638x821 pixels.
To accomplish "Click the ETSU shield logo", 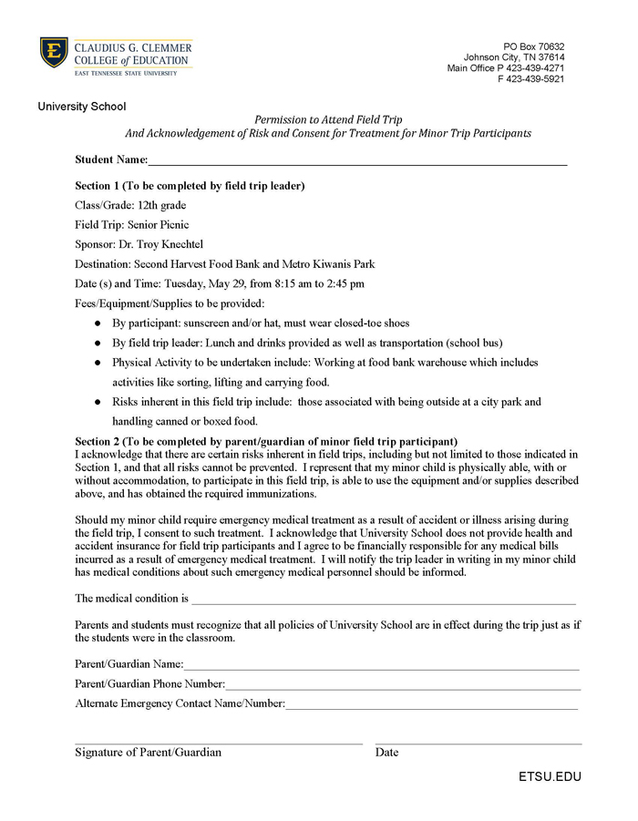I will pos(54,53).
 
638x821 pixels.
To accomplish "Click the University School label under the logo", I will pos(82,107).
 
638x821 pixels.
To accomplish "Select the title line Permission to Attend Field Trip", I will pos(327,119).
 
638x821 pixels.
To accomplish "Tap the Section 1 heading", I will pos(190,186).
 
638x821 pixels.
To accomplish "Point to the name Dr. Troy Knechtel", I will pos(163,245).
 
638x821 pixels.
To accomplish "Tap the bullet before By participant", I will pos(98,323).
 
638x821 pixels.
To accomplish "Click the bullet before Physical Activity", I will pos(98,363).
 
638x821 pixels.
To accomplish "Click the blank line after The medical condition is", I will pos(383,600).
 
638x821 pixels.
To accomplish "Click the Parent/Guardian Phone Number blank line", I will pos(402,684).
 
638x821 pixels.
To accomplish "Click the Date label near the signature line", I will pos(386,753).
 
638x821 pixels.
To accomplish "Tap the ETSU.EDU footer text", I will pos(550,777).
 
